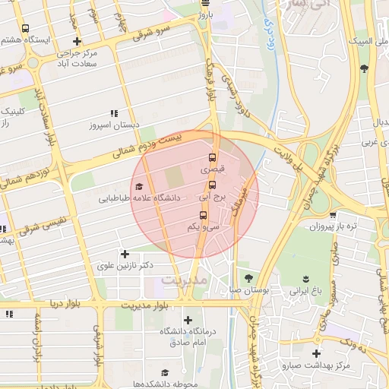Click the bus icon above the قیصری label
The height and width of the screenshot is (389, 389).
pyautogui.click(x=212, y=159)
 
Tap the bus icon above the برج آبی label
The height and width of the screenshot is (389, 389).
pyautogui.click(x=212, y=184)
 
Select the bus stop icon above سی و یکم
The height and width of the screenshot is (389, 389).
pyautogui.click(x=202, y=214)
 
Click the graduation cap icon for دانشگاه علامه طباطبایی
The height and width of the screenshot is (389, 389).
pyautogui.click(x=138, y=186)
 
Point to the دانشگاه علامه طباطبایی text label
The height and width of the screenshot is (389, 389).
pyautogui.click(x=139, y=198)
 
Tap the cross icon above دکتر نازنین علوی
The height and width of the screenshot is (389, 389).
pyautogui.click(x=125, y=254)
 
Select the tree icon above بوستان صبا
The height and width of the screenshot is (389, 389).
pyautogui.click(x=248, y=277)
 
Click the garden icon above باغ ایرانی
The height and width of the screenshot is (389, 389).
pyautogui.click(x=305, y=278)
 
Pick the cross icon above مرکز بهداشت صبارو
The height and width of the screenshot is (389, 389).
pyautogui.click(x=316, y=353)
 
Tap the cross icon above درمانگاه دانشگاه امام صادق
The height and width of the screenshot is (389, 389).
pyautogui.click(x=188, y=320)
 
